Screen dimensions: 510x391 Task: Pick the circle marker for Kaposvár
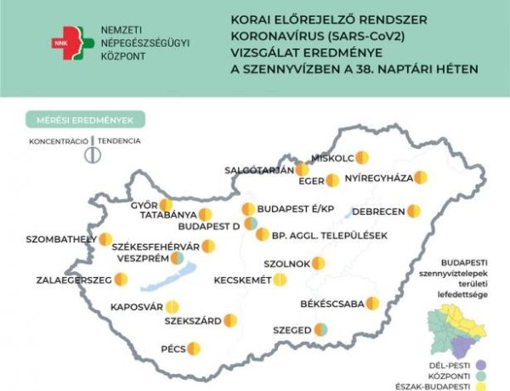[x=173, y=307]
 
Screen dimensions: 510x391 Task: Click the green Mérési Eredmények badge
[x=84, y=120]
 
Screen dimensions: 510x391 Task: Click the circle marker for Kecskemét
[x=280, y=280]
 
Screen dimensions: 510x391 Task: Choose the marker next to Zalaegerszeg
[x=122, y=279]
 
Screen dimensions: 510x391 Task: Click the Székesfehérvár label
[x=156, y=246]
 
